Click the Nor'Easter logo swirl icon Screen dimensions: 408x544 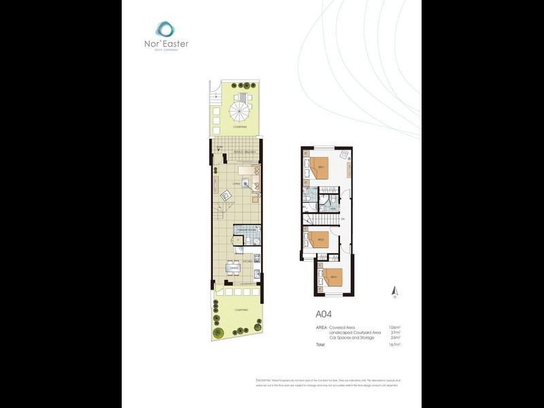coord(165,29)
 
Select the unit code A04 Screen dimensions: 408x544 coord(324,314)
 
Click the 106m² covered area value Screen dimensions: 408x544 coord(394,327)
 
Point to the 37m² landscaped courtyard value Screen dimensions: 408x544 coord(395,333)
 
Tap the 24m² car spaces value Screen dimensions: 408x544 coord(395,337)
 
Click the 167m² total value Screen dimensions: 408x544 coord(394,345)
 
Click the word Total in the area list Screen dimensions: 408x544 coord(320,345)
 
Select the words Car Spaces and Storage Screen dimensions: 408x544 coord(351,337)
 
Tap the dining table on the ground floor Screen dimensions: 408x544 coord(234,269)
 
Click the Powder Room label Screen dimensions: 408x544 coord(245,231)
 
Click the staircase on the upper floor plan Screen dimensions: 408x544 coord(322,220)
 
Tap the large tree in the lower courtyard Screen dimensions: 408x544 coord(218,333)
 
